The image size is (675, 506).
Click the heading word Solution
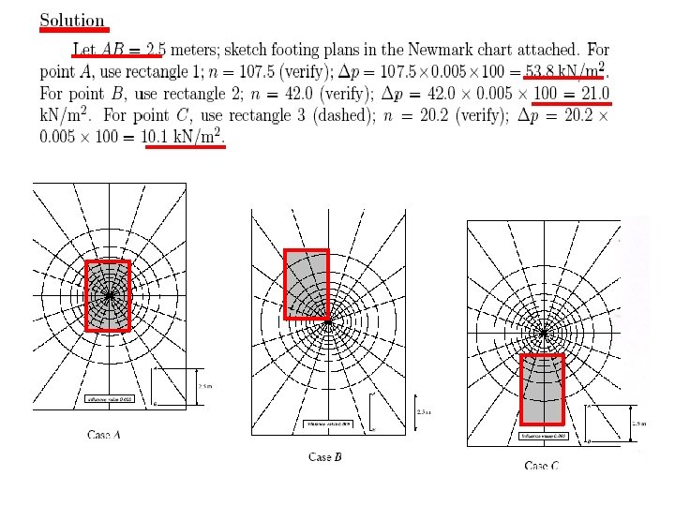coord(71,20)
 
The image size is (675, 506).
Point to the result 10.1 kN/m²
coord(183,138)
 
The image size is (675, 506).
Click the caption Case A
coord(104,435)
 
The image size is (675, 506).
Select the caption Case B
coord(325,456)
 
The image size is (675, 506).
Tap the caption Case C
coord(542,466)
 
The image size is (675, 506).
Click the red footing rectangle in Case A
coord(107,295)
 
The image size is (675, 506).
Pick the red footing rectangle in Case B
coord(306,283)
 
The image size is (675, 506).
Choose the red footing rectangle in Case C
coord(542,389)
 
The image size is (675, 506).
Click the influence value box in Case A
coord(110,399)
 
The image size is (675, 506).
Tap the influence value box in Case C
coord(543,436)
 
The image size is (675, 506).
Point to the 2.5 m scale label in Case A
coord(205,385)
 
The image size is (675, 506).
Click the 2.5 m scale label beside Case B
coord(422,412)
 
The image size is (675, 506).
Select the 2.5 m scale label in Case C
coord(639,423)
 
